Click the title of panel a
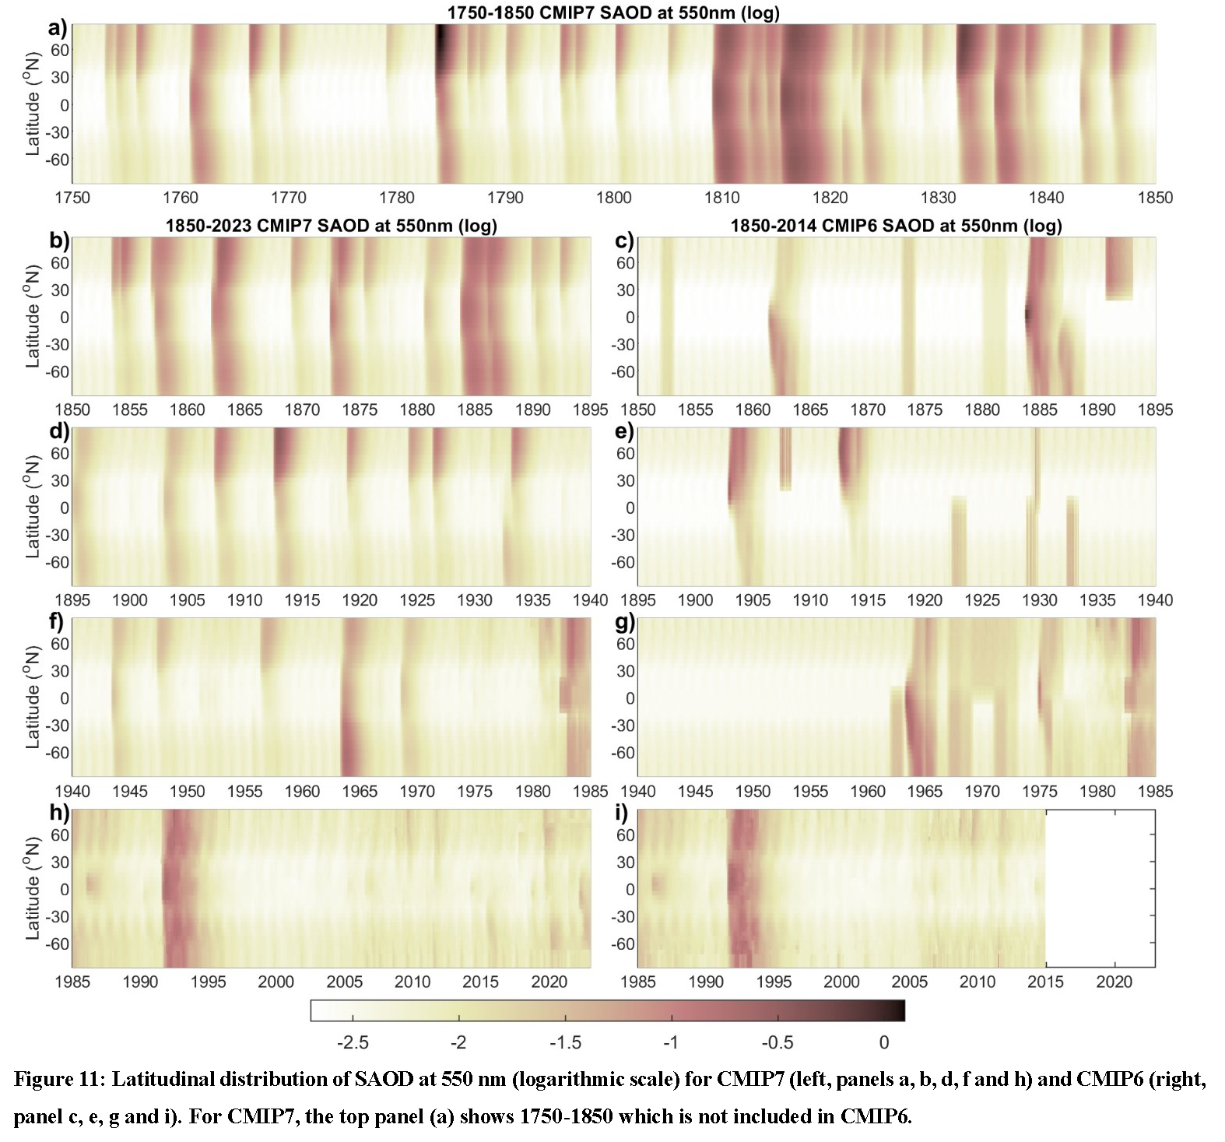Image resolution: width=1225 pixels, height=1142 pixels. pyautogui.click(x=613, y=12)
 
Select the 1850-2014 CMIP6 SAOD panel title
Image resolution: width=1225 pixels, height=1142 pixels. pyautogui.click(x=896, y=226)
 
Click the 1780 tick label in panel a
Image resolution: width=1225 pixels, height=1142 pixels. pyautogui.click(x=397, y=198)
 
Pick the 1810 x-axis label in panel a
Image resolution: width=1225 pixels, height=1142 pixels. pyautogui.click(x=721, y=198)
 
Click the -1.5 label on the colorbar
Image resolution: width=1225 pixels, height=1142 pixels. pyautogui.click(x=565, y=1042)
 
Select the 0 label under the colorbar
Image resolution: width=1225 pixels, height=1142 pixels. pyautogui.click(x=883, y=1042)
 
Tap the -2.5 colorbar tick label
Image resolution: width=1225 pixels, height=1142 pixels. pyautogui.click(x=353, y=1042)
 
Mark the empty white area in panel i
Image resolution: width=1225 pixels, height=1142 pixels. pyautogui.click(x=1100, y=888)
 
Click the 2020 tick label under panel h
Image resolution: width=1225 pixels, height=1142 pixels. pyautogui.click(x=549, y=982)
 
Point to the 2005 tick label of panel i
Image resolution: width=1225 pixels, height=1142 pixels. pyautogui.click(x=909, y=982)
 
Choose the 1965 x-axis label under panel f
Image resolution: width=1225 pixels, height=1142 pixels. pyautogui.click(x=360, y=792)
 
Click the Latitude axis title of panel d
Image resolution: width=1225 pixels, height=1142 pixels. pyautogui.click(x=33, y=508)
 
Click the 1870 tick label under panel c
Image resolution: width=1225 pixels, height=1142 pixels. pyautogui.click(x=867, y=410)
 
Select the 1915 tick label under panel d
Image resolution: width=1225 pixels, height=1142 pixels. pyautogui.click(x=302, y=600)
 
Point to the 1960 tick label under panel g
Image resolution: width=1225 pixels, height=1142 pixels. pyautogui.click(x=867, y=792)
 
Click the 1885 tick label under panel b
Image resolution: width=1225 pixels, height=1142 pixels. pyautogui.click(x=475, y=410)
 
